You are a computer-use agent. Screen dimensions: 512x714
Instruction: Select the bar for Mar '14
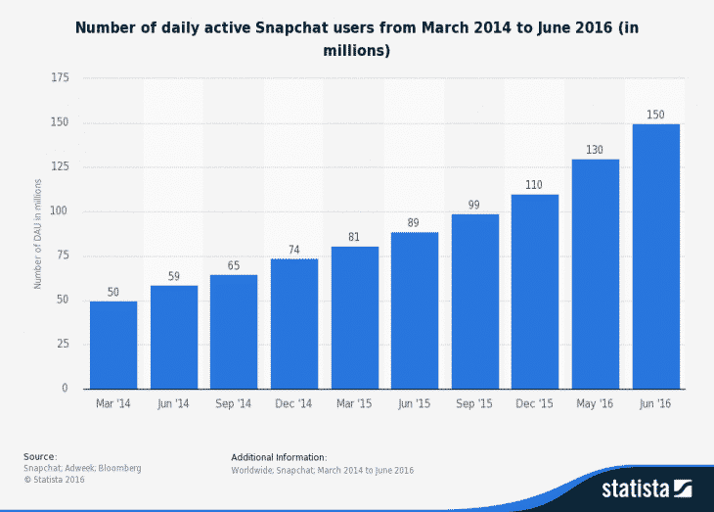(x=113, y=345)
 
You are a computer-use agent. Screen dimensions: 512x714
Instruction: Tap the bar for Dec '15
(x=535, y=292)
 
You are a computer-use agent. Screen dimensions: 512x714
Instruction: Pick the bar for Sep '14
(x=234, y=332)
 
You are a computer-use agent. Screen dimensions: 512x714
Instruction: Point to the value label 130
(x=595, y=150)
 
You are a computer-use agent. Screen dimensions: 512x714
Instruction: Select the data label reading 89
(x=415, y=222)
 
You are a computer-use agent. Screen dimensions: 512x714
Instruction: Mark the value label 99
(x=474, y=205)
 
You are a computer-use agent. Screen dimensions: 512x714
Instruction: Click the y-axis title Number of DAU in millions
(x=38, y=233)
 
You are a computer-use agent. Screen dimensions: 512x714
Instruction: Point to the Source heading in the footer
(x=40, y=457)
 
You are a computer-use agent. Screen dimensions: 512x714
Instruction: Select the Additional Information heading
(x=279, y=457)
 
